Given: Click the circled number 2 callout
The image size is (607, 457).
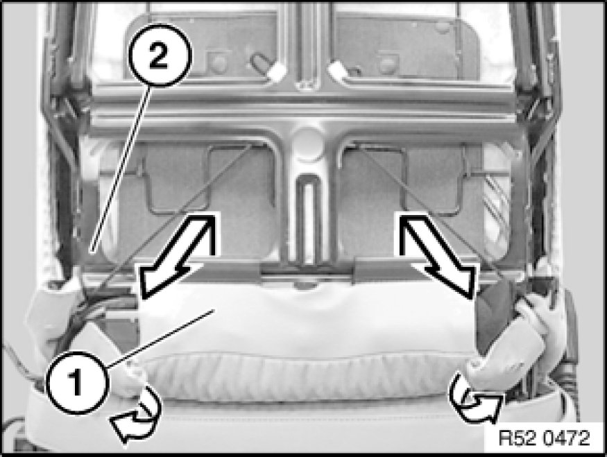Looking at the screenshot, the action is pyautogui.click(x=159, y=55).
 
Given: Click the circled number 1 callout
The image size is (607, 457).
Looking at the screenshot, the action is pyautogui.click(x=76, y=383).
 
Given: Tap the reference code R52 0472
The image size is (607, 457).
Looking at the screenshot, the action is pyautogui.click(x=545, y=438).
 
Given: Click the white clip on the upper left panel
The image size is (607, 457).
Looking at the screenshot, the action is pyautogui.click(x=275, y=71).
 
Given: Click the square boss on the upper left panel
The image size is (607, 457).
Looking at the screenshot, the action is pyautogui.click(x=219, y=62).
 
